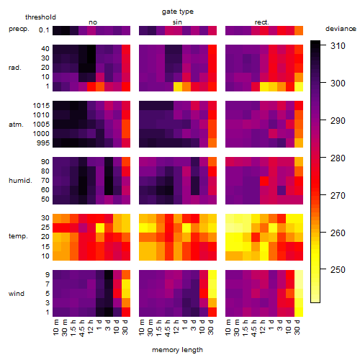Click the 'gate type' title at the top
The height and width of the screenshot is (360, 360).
point(178,12)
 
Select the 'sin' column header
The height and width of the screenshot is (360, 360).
point(177,22)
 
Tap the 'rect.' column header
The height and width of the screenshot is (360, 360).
point(262,22)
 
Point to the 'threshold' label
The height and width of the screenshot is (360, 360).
point(40,17)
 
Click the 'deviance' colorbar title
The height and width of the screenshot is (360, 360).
point(341,29)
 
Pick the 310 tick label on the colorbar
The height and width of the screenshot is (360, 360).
point(338,45)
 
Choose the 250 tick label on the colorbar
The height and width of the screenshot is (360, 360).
point(338,270)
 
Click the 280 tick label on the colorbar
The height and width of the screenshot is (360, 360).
point(338,158)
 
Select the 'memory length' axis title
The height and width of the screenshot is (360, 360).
point(177,350)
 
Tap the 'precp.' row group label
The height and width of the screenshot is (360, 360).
point(19,29)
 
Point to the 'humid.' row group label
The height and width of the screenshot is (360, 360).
point(20,181)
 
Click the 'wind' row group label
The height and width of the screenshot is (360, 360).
point(17,294)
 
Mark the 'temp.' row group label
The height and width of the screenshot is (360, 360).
point(18,236)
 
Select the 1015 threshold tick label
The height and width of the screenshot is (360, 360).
point(41,106)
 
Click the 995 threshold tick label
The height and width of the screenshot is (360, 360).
point(43,143)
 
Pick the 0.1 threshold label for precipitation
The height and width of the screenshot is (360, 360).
point(44,30)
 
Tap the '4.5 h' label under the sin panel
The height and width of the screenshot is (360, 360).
point(168,328)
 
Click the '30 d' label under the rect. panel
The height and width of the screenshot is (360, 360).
point(297,327)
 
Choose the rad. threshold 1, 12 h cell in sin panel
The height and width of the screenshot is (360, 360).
point(178,86)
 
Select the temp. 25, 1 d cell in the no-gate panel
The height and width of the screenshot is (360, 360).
point(100,228)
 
